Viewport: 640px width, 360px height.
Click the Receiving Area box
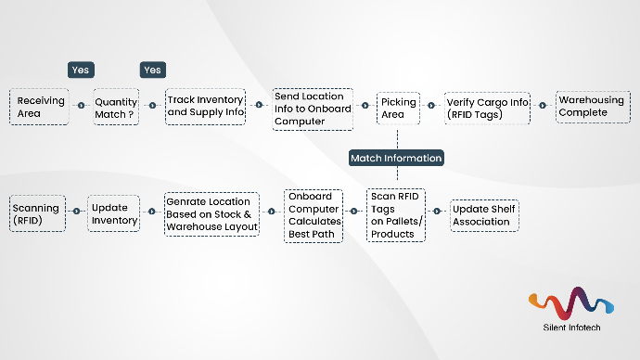(39, 107)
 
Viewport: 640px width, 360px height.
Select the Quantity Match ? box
(116, 107)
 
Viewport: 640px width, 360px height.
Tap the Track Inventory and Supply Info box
(206, 107)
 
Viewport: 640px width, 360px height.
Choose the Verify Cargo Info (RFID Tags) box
(487, 108)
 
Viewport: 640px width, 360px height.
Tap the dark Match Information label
(396, 159)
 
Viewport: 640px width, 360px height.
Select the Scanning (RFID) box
(38, 212)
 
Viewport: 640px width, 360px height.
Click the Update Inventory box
(114, 213)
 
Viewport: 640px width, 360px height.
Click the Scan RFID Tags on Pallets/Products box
(396, 215)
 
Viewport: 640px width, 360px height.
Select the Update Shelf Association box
(483, 215)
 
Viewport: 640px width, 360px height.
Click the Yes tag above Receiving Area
(82, 70)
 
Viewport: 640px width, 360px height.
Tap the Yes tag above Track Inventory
(153, 70)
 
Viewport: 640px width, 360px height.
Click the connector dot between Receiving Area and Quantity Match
(81, 106)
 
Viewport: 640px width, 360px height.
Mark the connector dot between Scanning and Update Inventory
(76, 212)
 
